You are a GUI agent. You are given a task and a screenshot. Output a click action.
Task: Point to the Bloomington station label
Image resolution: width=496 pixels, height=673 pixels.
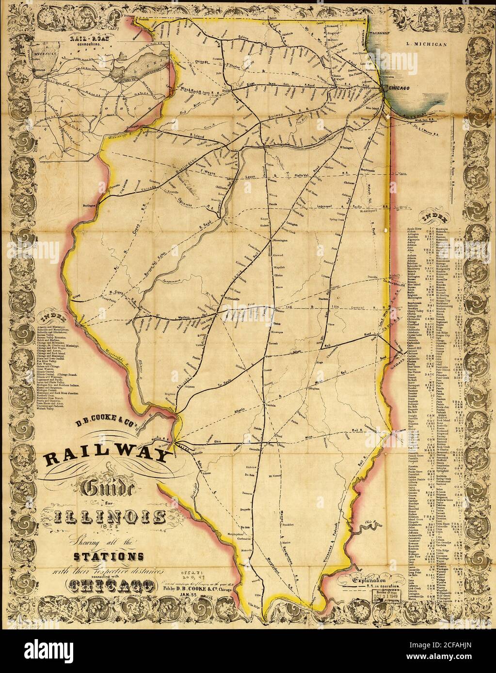pyautogui.click(x=279, y=240)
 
